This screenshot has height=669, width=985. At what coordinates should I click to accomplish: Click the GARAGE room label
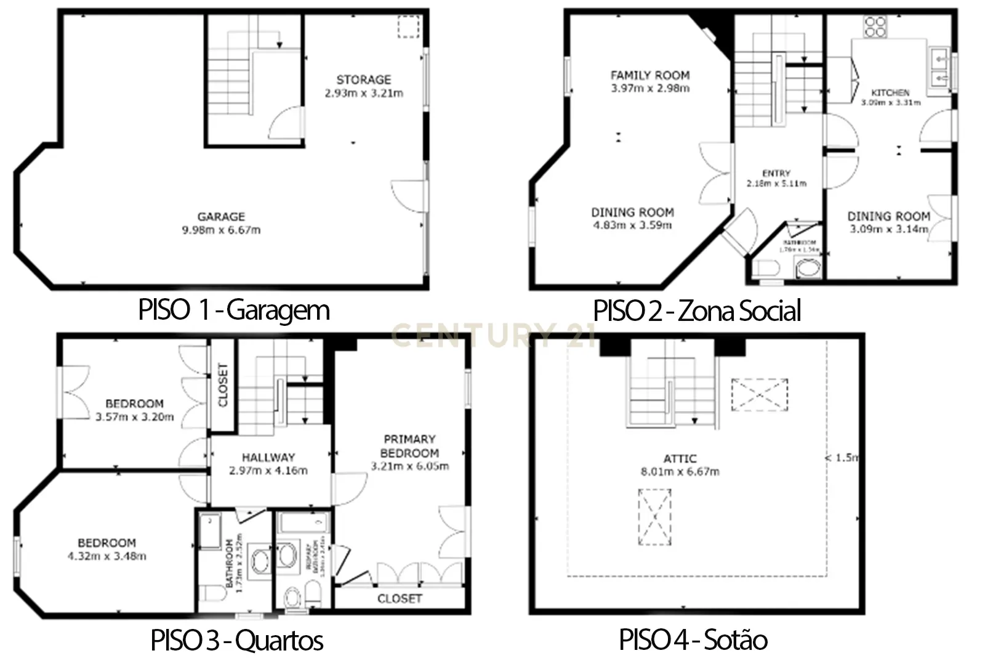221,217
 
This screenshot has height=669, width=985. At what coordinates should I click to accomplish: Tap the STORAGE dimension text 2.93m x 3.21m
364,94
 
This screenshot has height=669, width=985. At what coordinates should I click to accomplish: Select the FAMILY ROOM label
650,75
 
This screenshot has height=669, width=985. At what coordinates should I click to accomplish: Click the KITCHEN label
890,92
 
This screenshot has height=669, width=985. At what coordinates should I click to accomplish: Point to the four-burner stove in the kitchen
875,27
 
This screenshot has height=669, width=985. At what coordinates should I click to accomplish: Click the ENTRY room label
776,174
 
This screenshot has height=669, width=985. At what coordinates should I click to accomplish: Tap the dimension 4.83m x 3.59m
632,225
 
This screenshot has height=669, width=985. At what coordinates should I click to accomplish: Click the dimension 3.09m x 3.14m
888,229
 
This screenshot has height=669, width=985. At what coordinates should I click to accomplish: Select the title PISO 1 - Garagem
234,310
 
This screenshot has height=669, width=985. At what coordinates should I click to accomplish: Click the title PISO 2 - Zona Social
697,310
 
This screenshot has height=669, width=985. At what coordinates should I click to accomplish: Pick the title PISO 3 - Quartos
237,641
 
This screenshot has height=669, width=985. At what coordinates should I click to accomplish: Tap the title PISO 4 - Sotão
693,640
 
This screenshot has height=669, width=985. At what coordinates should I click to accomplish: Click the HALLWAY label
268,458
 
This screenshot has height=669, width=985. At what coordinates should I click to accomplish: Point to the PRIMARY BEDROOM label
409,446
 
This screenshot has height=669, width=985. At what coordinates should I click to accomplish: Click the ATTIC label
680,459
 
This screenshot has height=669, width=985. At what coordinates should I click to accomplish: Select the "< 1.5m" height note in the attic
841,458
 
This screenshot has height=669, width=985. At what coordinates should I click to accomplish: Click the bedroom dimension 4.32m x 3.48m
107,557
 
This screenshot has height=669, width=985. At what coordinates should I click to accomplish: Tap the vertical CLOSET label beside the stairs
223,384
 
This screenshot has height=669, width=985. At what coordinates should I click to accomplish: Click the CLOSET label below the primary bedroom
400,599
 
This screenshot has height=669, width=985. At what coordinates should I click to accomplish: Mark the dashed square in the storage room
408,27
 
